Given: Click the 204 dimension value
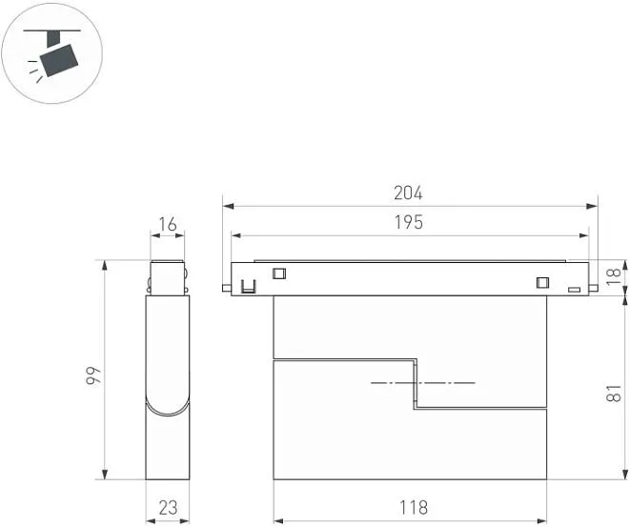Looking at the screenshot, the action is [408, 193].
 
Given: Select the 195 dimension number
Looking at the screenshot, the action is [409, 222].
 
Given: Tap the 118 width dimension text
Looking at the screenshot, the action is [414, 507].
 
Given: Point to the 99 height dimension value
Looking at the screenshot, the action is [93, 375].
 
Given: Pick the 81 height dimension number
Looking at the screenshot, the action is [614, 394].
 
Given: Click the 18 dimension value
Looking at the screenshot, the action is [614, 276].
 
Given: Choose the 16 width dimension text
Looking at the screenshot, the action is [168, 225].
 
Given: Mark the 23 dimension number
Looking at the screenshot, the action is [168, 507].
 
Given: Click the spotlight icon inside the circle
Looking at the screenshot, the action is [52, 54].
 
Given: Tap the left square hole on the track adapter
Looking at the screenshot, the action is [279, 274].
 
